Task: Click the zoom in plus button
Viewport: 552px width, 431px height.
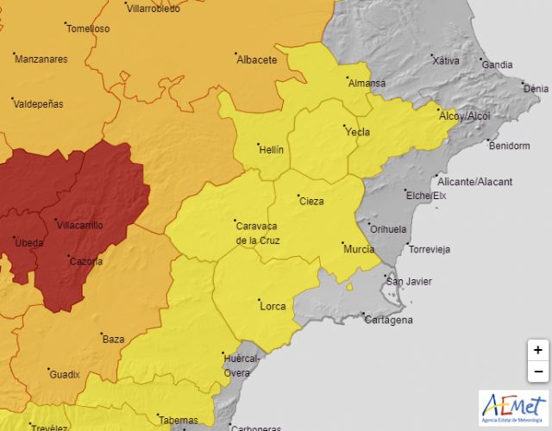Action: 538,350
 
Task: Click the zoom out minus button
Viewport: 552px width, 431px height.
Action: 538,372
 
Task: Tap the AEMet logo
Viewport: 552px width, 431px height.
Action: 514,407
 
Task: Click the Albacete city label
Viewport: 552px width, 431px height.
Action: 257,59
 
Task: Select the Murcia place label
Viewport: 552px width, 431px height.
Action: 359,249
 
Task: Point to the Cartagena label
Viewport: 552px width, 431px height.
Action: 388,320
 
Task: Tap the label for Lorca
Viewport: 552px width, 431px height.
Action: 273,305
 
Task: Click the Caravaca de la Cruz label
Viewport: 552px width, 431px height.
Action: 257,233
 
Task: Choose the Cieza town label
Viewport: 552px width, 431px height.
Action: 311,201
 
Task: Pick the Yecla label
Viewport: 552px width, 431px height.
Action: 357,132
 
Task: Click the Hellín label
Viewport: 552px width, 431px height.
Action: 271,149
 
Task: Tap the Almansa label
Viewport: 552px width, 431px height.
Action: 367,84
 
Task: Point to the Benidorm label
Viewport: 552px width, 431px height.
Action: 509,146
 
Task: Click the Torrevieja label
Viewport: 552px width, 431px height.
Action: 430,250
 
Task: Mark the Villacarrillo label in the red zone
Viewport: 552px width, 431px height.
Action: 79,225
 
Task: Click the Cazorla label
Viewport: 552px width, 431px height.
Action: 87,260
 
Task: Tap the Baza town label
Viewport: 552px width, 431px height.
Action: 114,339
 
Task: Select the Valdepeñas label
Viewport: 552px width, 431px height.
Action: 38,103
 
